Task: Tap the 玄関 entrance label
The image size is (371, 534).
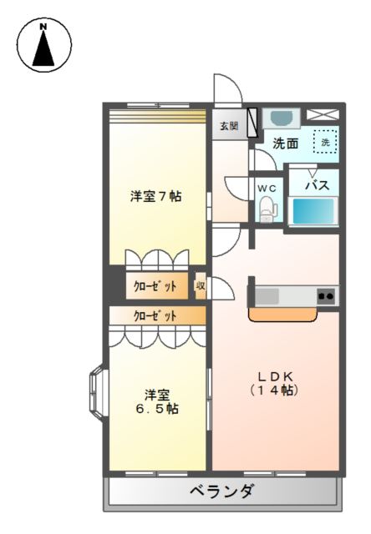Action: point(229,127)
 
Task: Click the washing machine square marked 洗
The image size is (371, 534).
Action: point(326,142)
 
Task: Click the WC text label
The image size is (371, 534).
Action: point(267,189)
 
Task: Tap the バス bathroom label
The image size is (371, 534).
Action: point(315,185)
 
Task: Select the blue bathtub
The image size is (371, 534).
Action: point(314,212)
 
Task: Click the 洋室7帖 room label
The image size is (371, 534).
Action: point(156,197)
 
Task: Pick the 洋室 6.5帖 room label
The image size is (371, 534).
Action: point(155,401)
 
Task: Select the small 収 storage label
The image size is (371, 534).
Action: point(201,286)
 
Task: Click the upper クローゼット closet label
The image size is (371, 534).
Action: point(155,286)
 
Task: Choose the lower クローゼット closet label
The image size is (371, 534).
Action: point(155,316)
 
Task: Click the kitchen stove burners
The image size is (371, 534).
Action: point(325,295)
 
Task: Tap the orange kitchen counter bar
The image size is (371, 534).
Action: point(282,316)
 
